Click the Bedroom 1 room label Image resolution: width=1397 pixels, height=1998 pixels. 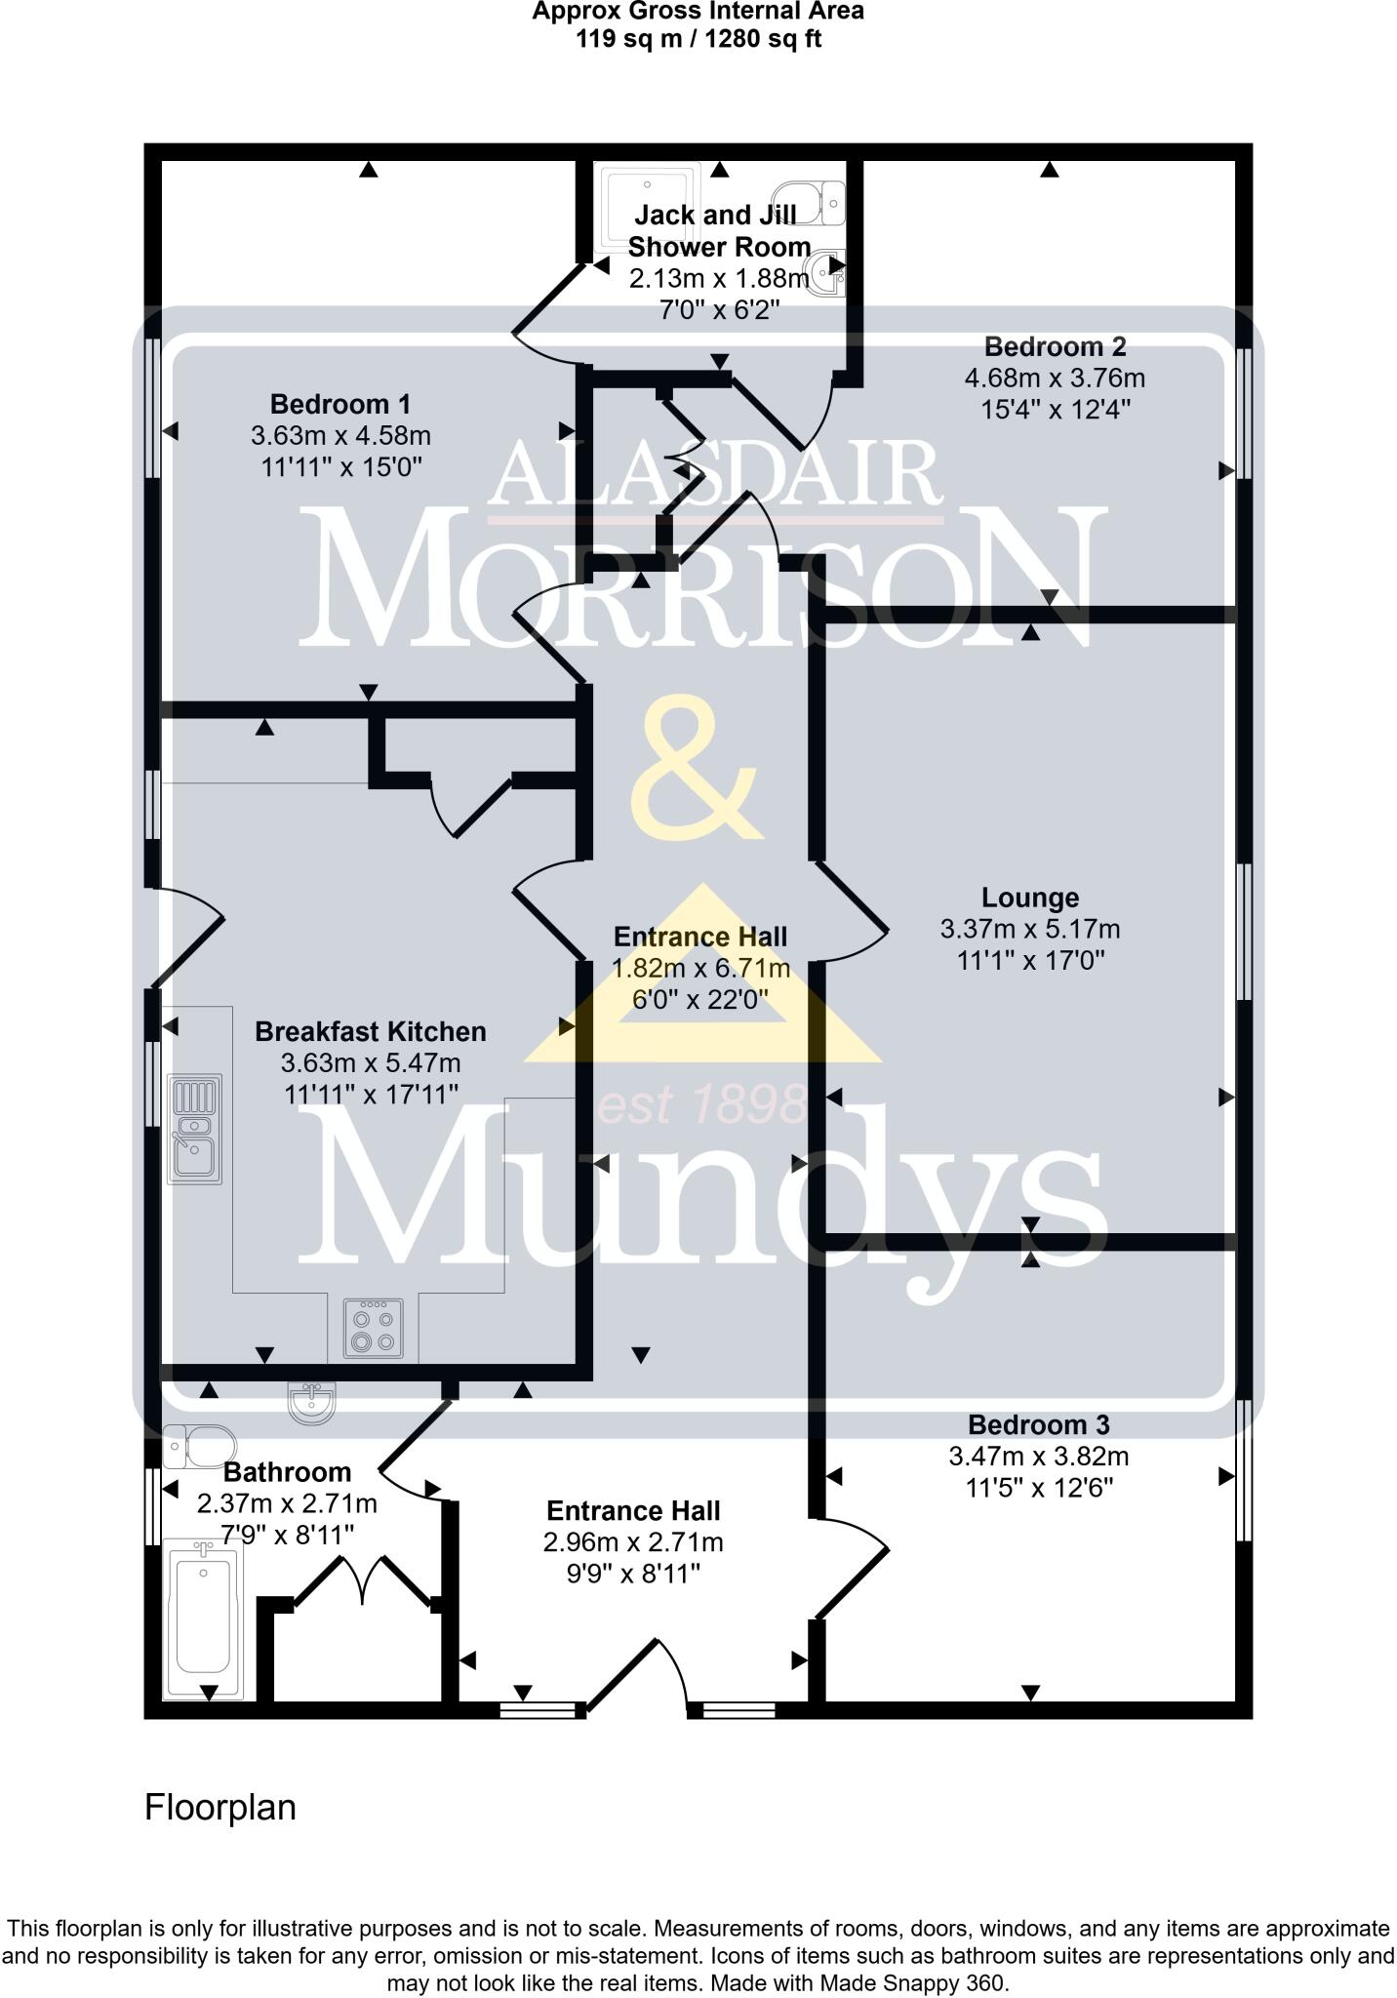tap(339, 404)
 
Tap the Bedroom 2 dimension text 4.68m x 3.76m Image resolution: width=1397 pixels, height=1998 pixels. tap(1055, 378)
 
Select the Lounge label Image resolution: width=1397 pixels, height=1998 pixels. tap(1029, 898)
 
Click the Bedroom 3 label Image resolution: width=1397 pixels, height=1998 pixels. tap(1038, 1425)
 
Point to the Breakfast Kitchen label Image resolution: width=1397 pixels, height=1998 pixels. tap(370, 1031)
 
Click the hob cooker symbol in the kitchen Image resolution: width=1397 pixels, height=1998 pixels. tap(373, 1328)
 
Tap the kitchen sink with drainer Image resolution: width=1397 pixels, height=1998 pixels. tap(195, 1129)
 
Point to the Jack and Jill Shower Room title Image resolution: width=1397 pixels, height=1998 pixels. tap(718, 230)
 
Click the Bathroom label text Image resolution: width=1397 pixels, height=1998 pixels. tap(287, 1472)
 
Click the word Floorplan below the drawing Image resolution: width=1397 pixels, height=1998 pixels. tap(220, 1808)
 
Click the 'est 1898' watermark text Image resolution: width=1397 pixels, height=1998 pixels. tap(700, 1105)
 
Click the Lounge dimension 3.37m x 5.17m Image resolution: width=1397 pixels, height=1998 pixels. tap(1029, 930)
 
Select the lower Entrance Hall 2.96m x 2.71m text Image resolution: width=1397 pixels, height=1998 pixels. tap(633, 1542)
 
